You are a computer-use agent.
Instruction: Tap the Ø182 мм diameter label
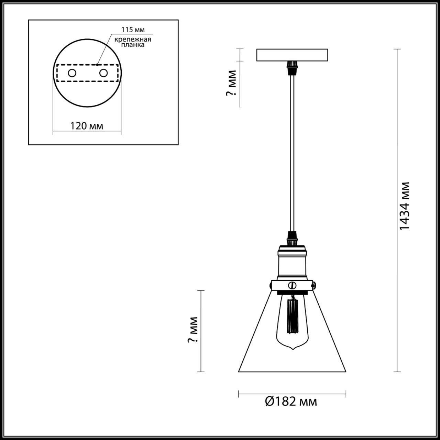point(291,401)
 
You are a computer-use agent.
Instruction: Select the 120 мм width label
point(87,126)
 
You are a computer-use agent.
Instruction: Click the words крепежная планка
point(133,42)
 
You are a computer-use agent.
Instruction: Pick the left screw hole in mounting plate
point(72,73)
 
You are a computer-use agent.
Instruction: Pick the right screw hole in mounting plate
point(103,73)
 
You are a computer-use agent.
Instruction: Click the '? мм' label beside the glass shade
point(193,330)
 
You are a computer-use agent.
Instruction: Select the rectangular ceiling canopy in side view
point(292,55)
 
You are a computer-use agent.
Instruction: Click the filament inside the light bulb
point(293,316)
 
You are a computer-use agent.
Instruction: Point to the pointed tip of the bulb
point(293,349)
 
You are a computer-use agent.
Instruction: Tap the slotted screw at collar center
point(293,285)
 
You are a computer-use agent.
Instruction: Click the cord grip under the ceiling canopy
point(292,67)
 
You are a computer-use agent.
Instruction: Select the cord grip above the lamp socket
point(292,238)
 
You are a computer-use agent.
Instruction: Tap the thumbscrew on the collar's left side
point(270,284)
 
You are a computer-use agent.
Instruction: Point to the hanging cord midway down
point(292,151)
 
